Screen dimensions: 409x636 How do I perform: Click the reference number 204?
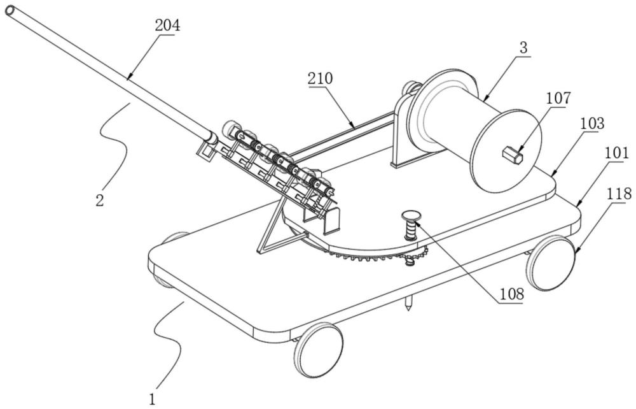168,26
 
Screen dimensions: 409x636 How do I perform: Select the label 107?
558,98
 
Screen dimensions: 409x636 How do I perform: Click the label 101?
616,154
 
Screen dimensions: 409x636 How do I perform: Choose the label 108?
511,294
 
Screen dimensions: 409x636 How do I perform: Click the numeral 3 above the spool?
523,48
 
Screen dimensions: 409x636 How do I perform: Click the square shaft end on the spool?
512,154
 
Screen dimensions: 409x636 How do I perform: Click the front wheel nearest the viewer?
318,350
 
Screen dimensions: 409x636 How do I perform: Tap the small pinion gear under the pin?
411,259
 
